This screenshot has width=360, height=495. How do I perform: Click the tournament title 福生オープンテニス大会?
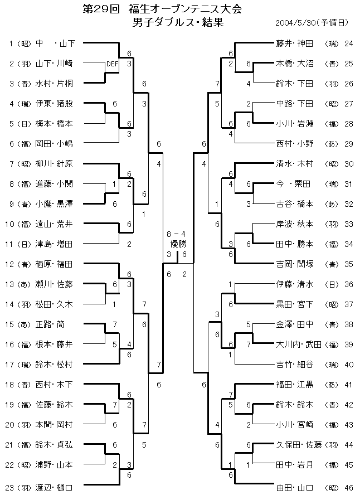[x=182, y=9]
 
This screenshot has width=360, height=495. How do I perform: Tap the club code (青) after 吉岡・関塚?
[x=331, y=264]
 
